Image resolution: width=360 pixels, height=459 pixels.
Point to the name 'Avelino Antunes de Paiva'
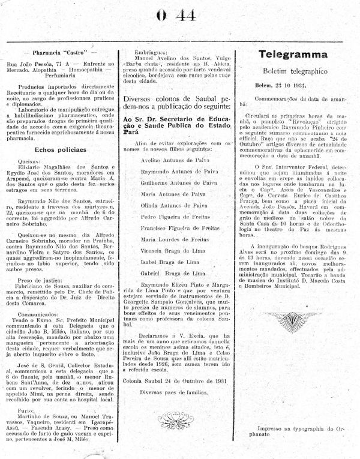(x=171, y=160)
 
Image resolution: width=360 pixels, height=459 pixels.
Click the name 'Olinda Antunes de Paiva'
(x=170, y=205)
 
